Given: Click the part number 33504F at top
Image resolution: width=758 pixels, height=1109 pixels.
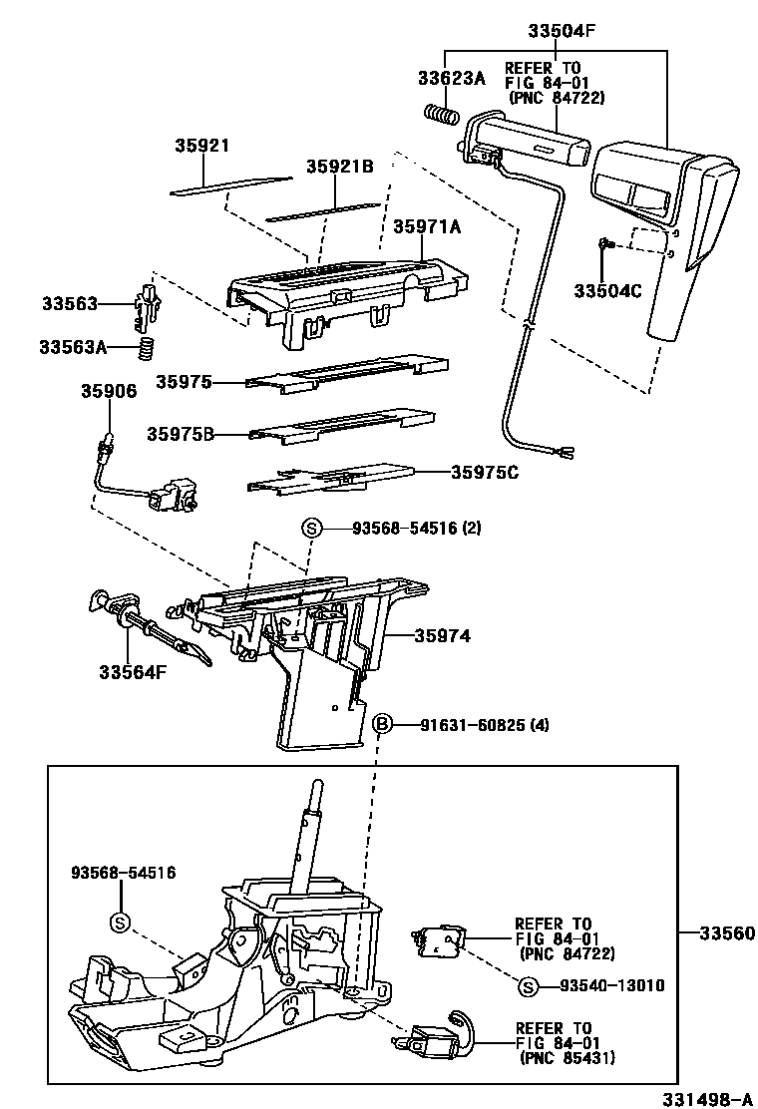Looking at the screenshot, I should tap(562, 31).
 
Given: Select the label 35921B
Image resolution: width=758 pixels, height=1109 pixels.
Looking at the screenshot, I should tap(339, 167).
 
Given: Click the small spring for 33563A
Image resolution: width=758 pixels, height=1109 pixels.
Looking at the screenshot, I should tap(148, 349).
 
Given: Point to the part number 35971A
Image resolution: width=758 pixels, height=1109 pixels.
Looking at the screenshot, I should tap(427, 227).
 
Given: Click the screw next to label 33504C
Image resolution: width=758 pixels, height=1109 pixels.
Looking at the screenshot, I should tap(604, 244).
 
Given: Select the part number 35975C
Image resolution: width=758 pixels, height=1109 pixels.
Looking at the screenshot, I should tap(484, 473).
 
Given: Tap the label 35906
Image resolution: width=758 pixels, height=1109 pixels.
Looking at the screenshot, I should tap(108, 391).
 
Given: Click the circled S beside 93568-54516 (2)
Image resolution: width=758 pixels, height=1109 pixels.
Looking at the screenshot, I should tap(311, 529).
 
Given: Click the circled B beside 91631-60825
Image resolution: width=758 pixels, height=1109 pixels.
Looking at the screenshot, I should tap(382, 724).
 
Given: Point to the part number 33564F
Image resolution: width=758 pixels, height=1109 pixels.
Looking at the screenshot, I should tap(132, 671).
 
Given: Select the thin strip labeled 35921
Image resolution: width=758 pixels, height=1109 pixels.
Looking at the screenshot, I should tap(229, 185).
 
